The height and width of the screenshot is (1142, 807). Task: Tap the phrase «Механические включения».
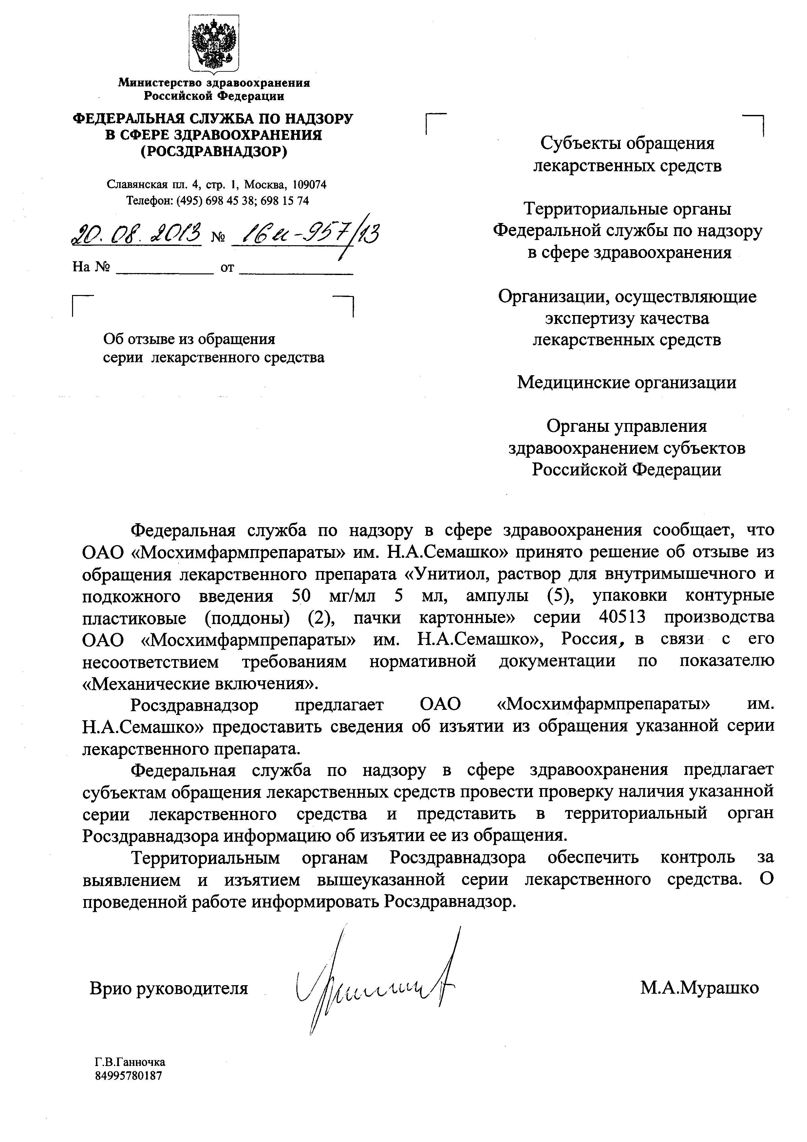pyautogui.click(x=199, y=683)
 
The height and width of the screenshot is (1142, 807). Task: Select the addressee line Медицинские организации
pyautogui.click(x=627, y=382)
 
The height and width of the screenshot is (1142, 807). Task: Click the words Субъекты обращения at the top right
pyautogui.click(x=627, y=143)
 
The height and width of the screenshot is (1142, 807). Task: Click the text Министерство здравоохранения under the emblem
pyautogui.click(x=214, y=83)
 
